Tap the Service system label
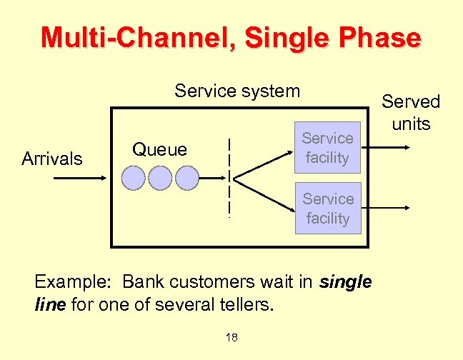click(237, 91)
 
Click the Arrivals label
click(52, 159)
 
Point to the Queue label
click(159, 149)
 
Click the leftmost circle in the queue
click(134, 178)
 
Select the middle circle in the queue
click(160, 178)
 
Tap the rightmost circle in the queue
click(186, 178)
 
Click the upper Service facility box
click(327, 148)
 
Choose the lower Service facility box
click(327, 209)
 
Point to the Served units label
click(411, 113)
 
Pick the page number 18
click(231, 337)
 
